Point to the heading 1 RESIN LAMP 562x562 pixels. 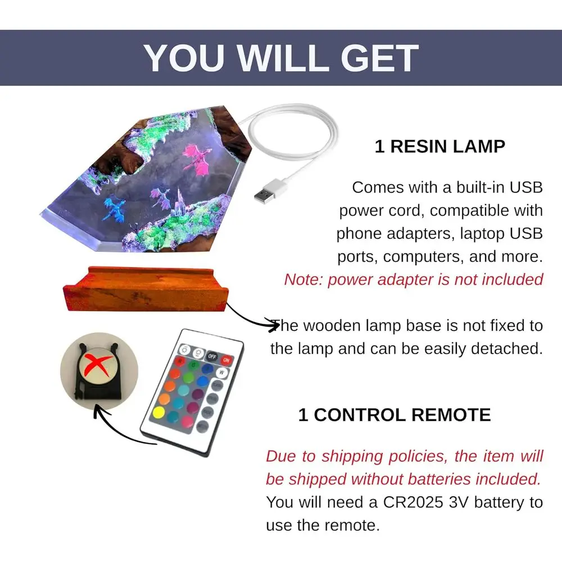pyautogui.click(x=440, y=147)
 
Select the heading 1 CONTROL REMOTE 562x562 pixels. pyautogui.click(x=395, y=415)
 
